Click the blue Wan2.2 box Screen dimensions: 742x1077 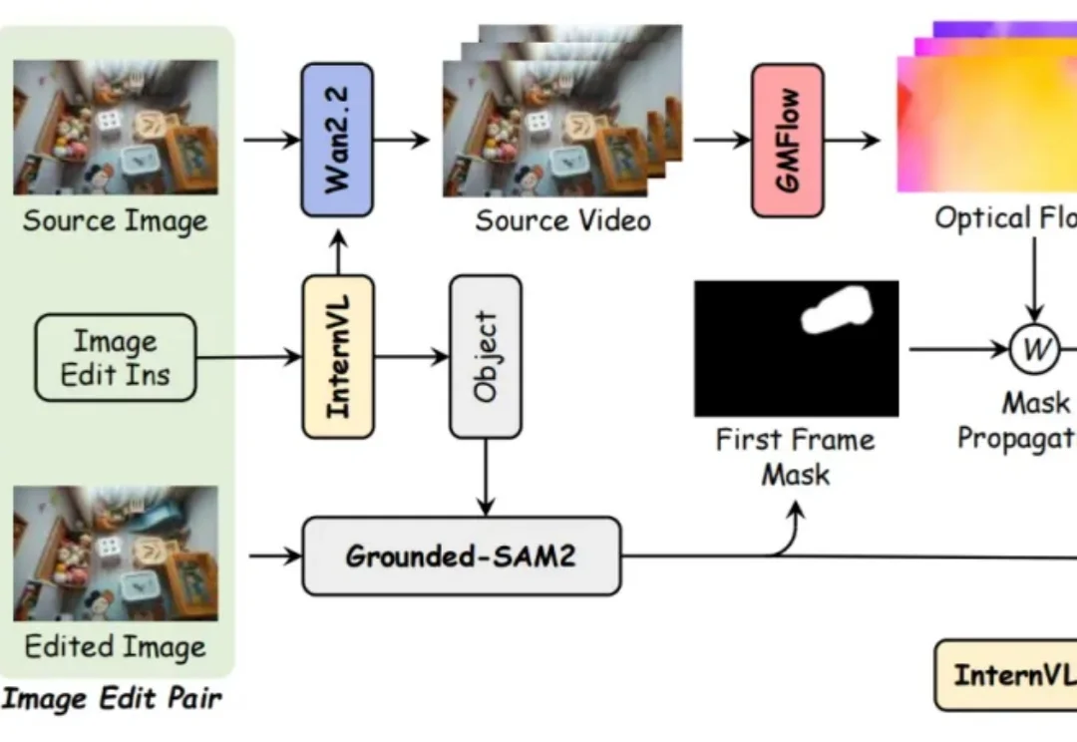pyautogui.click(x=337, y=140)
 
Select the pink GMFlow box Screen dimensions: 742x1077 pyautogui.click(x=788, y=140)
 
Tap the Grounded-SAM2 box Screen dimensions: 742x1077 pyautogui.click(x=461, y=556)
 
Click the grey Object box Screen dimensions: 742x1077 pyautogui.click(x=486, y=356)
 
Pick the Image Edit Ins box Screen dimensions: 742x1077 pyautogui.click(x=116, y=358)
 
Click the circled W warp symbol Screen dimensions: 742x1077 pyautogui.click(x=1036, y=349)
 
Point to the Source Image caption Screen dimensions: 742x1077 pyautogui.click(x=116, y=220)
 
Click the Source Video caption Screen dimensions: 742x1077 pyautogui.click(x=562, y=220)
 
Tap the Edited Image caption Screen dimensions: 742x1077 pyautogui.click(x=116, y=646)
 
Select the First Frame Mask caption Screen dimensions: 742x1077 pyautogui.click(x=795, y=456)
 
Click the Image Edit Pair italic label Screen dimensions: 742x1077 pyautogui.click(x=112, y=699)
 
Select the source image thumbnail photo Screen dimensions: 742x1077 pyautogui.click(x=116, y=127)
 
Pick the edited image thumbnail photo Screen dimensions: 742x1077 pyautogui.click(x=116, y=554)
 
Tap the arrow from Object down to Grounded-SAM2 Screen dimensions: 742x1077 pyautogui.click(x=486, y=477)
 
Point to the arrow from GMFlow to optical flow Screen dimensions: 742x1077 pyautogui.click(x=853, y=140)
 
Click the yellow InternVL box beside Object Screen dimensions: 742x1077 pyautogui.click(x=338, y=356)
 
